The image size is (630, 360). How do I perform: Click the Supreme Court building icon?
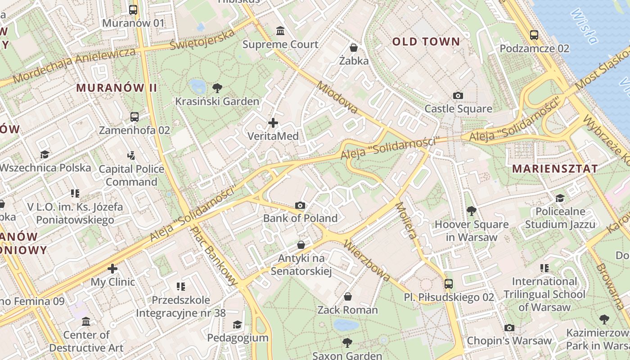pos(280,31)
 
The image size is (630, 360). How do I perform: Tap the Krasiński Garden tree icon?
pos(217,88)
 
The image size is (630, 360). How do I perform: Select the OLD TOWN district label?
pos(426,42)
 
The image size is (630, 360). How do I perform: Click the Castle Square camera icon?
pos(458,95)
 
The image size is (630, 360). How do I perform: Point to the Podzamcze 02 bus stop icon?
pos(534,35)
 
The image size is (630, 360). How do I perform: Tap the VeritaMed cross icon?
pos(273,122)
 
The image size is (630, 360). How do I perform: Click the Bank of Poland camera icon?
pos(300,205)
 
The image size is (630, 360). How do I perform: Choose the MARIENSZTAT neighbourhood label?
pos(555,169)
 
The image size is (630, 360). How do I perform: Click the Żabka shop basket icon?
pos(354,47)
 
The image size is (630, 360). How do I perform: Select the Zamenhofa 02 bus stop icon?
pos(134,117)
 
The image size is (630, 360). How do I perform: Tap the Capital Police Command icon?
pos(131,156)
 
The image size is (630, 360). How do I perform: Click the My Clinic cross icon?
pos(112,269)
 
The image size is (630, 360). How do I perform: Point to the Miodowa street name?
pos(337,97)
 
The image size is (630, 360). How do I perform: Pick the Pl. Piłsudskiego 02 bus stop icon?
pos(448,284)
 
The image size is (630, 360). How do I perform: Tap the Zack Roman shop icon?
pos(347,297)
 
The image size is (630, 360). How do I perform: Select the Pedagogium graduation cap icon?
pos(237,324)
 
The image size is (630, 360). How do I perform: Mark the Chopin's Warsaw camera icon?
pos(509,328)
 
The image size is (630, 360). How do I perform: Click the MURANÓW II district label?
pos(117,88)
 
